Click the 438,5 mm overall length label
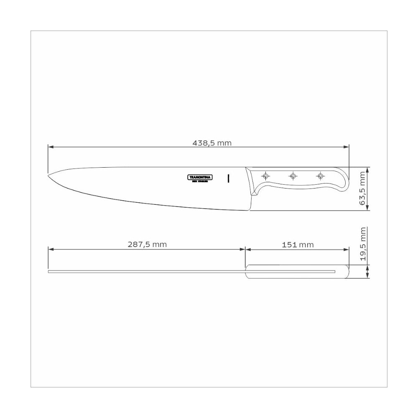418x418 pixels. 212,143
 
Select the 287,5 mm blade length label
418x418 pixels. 147,245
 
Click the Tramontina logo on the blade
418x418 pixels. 199,177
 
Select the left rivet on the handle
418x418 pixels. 265,175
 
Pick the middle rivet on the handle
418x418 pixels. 293,175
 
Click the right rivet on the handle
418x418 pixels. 320,175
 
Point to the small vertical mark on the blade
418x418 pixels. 228,178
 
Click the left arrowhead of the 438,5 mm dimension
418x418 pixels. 51,147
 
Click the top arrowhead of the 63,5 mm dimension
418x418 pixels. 367,170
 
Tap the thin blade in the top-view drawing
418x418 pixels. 146,272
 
